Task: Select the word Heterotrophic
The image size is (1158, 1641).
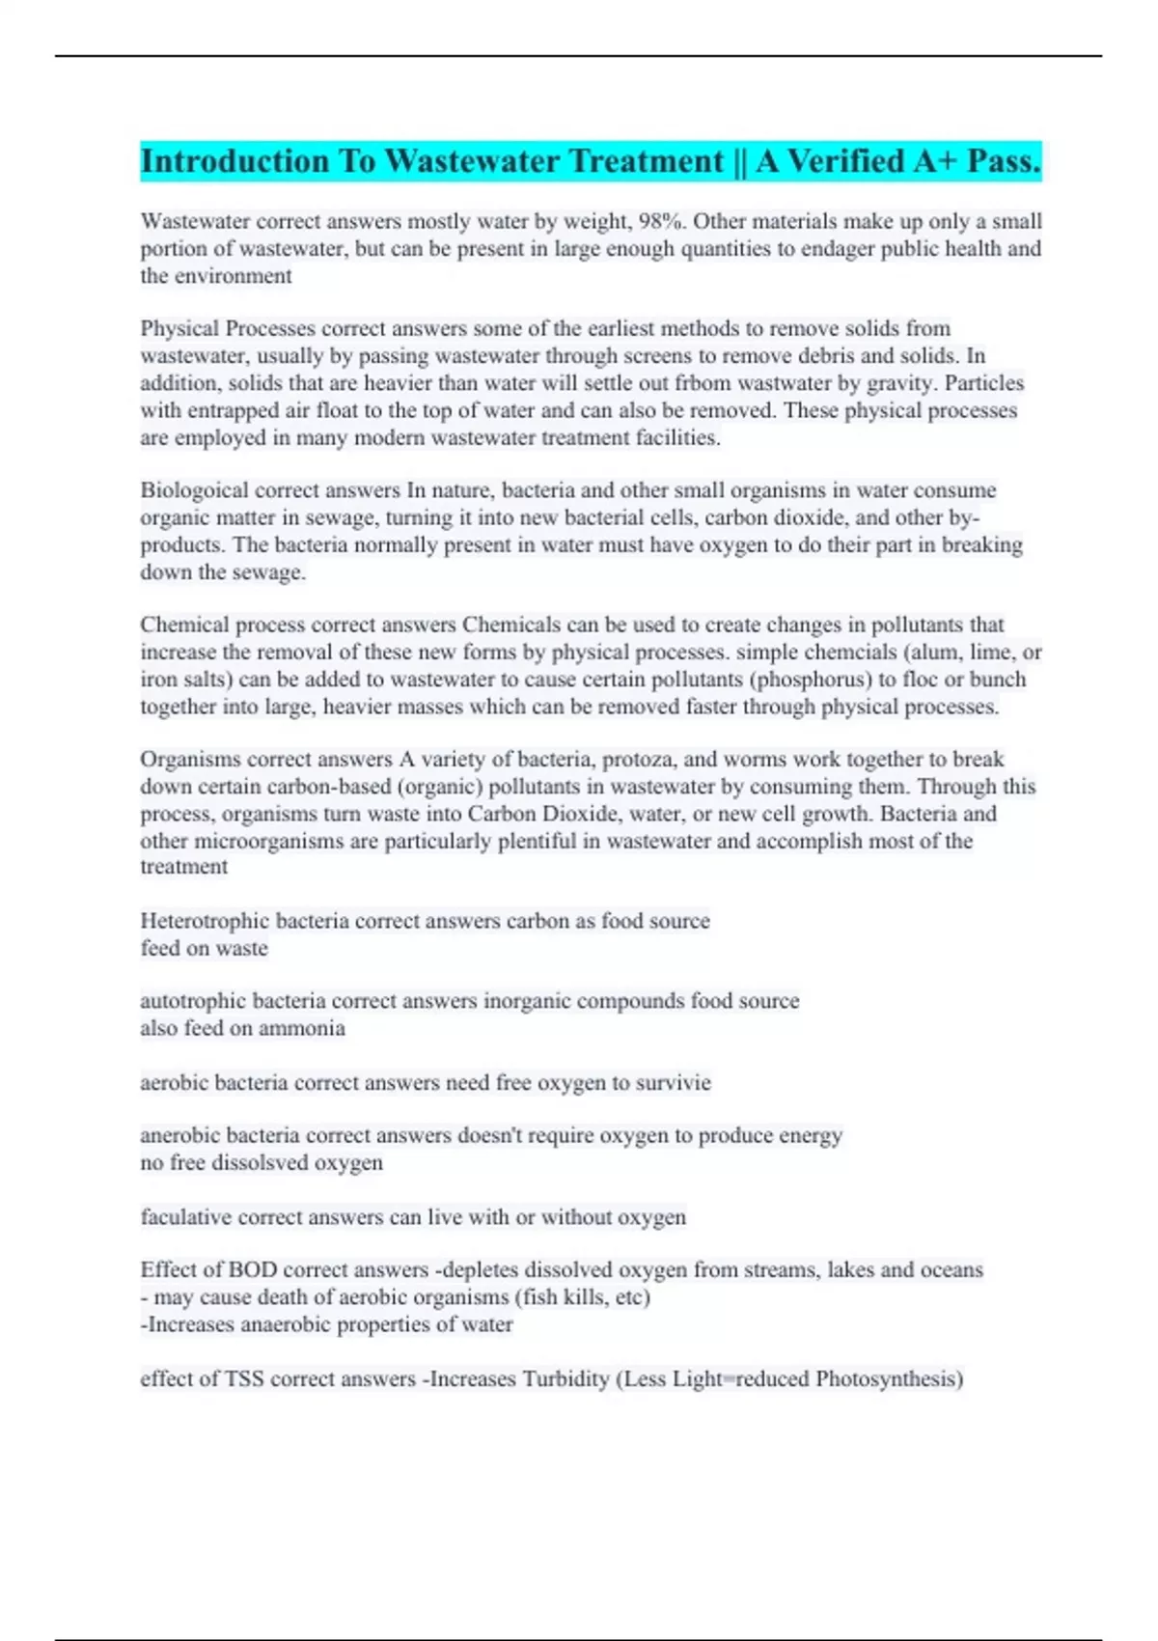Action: (205, 921)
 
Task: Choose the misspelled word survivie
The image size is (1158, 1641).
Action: (675, 1083)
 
